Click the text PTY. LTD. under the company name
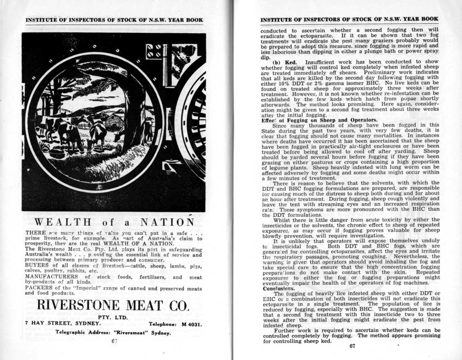click(112, 318)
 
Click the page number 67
click(352, 346)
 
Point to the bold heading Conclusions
click(278, 288)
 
